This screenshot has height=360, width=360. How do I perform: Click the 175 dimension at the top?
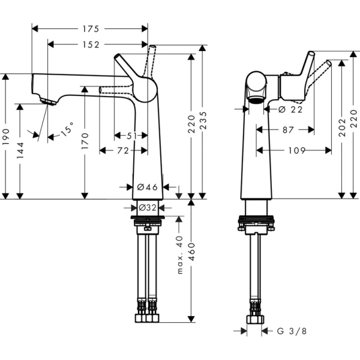click(90, 28)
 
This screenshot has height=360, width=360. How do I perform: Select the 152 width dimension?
click(90, 44)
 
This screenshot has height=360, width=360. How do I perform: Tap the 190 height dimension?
click(6, 136)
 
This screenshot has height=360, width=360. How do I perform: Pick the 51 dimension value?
click(131, 136)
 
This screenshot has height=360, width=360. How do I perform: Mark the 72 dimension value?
click(123, 151)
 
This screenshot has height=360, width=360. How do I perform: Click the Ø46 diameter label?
click(148, 187)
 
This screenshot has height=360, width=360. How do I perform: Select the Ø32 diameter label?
click(148, 208)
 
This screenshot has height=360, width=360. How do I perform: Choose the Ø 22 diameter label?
click(290, 109)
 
